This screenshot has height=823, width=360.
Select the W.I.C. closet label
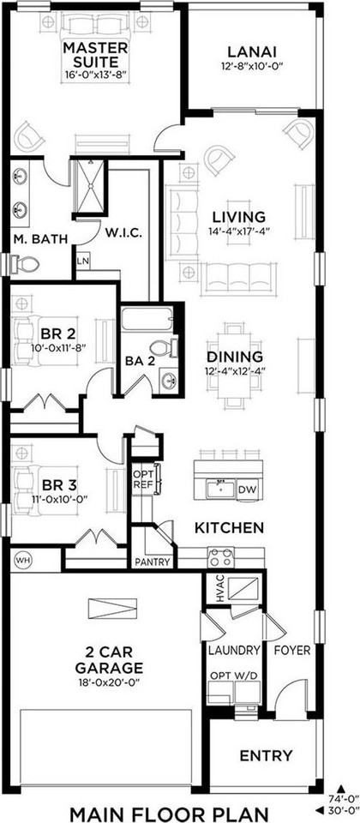click(123, 232)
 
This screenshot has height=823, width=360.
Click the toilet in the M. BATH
click(27, 264)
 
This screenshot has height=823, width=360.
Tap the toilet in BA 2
click(164, 347)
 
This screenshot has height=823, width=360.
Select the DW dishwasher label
click(246, 490)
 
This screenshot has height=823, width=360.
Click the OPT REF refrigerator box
click(141, 479)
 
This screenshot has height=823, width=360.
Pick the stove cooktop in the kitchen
click(220, 557)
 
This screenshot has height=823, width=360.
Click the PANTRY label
click(153, 563)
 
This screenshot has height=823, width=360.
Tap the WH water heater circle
click(22, 558)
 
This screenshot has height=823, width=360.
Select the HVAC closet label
click(219, 592)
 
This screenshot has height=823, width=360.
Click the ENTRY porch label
click(266, 755)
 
